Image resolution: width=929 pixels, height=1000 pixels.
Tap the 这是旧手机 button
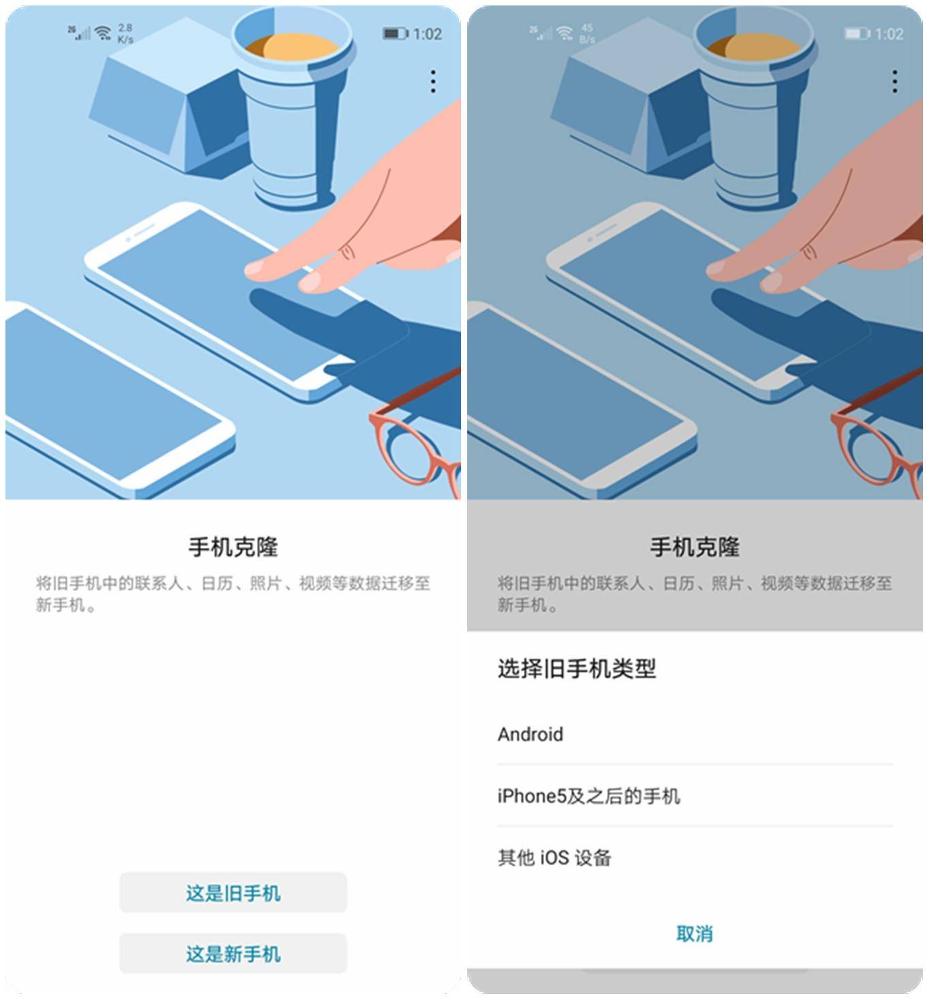[233, 892]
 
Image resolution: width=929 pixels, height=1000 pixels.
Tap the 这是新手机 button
[233, 953]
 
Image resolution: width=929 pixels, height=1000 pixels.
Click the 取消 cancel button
[694, 933]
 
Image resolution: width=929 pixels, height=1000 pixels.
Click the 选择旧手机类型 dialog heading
[577, 669]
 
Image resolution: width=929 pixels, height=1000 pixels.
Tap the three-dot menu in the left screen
[433, 82]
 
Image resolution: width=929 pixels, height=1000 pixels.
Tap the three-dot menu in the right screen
[894, 82]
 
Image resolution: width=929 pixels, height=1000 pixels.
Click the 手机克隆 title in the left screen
[233, 547]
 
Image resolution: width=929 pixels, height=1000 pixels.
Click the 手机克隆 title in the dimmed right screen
[694, 547]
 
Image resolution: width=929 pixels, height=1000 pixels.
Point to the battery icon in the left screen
[394, 33]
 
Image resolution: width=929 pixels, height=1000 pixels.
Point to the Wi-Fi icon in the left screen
[103, 33]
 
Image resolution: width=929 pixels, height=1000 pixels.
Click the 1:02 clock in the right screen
[889, 33]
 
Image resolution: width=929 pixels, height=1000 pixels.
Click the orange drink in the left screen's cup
[293, 48]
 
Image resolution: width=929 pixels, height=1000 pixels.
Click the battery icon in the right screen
[856, 33]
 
